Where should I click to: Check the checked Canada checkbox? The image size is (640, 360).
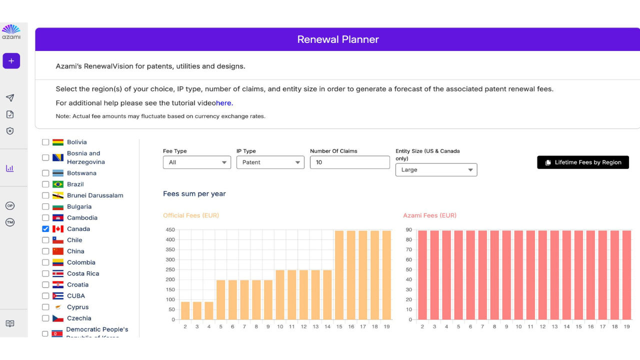click(45, 229)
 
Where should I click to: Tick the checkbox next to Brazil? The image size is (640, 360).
click(45, 184)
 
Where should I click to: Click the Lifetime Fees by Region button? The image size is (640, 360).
click(583, 162)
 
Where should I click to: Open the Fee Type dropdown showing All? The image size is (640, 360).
click(196, 162)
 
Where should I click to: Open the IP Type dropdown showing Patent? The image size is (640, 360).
click(270, 162)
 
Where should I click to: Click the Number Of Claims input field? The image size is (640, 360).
click(349, 162)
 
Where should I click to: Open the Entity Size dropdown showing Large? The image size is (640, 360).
click(436, 170)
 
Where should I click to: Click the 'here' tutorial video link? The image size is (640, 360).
click(223, 103)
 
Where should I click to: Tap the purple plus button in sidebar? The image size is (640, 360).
click(11, 61)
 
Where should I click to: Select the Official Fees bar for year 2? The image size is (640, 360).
click(185, 310)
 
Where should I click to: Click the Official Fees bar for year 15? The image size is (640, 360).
click(339, 275)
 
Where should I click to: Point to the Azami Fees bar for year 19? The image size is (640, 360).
click(626, 275)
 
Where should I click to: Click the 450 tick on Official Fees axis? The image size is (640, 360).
click(170, 230)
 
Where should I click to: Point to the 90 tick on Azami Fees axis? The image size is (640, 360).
click(409, 230)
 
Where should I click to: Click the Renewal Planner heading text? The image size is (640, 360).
click(338, 39)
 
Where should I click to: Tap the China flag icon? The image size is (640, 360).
click(58, 251)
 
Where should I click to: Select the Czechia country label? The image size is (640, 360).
click(79, 318)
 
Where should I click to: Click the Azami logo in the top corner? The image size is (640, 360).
click(11, 32)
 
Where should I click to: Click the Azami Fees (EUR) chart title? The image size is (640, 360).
click(429, 215)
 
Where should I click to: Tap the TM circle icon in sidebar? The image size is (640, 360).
click(10, 222)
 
